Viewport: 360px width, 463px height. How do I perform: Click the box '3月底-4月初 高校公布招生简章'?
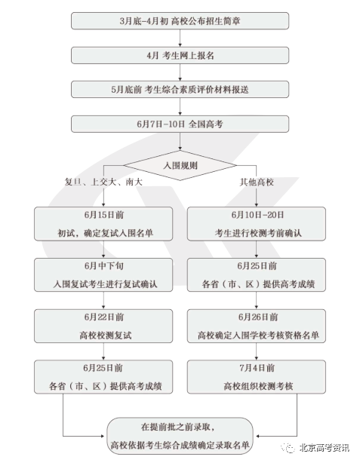tap(180, 20)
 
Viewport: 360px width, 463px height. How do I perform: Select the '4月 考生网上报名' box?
tap(180, 55)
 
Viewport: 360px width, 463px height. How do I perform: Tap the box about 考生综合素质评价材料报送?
tap(180, 90)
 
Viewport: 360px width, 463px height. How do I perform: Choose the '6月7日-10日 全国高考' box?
tap(180, 124)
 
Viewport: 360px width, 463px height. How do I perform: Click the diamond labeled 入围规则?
tap(180, 165)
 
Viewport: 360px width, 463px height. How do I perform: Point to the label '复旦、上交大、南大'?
tap(103, 182)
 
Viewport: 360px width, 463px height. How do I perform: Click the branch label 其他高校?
tap(257, 182)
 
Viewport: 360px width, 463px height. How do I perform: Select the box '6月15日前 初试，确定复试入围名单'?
tap(103, 224)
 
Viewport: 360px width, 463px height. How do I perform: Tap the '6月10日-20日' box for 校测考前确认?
tap(257, 224)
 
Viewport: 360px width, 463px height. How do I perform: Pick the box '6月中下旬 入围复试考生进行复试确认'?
tap(103, 275)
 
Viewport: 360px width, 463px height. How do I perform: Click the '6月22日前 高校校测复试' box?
tap(103, 326)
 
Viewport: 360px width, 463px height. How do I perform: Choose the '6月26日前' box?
tap(257, 326)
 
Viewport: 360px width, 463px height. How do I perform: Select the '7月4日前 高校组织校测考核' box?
tap(257, 377)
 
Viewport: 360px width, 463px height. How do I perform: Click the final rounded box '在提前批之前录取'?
tap(180, 436)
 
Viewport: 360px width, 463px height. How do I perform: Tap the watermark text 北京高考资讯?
tap(325, 448)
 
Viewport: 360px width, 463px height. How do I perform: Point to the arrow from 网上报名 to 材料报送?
tap(180, 72)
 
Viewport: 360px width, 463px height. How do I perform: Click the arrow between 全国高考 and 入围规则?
tap(180, 141)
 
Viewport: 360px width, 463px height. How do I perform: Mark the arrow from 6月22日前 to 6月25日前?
tap(103, 351)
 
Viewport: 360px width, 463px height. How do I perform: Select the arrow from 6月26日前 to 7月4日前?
tap(257, 351)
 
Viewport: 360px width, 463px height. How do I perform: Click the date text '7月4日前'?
tap(257, 368)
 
